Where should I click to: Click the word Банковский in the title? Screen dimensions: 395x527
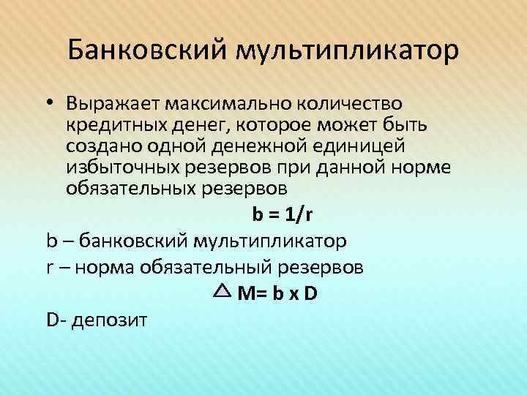point(147,51)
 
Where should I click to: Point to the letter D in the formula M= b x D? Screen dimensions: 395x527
point(310,294)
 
